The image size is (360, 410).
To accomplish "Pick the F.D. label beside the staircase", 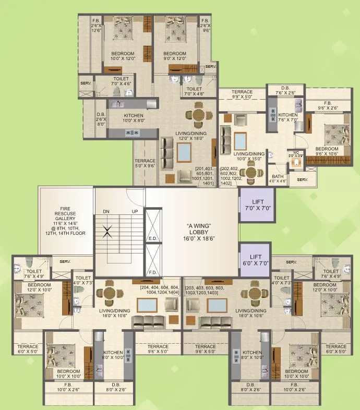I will [153, 272].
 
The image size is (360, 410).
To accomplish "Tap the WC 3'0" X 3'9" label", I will [296, 154].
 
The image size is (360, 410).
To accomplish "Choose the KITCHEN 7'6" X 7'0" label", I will [287, 117].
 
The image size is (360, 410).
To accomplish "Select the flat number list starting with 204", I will [159, 291].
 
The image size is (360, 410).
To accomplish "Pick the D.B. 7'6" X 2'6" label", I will [285, 91].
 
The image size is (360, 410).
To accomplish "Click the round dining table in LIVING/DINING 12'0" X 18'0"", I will [198, 115].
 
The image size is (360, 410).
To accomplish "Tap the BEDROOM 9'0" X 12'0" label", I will [175, 56].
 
